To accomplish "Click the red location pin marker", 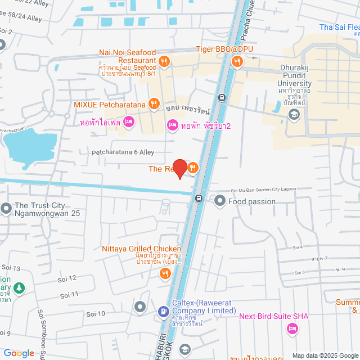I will tap(179, 168).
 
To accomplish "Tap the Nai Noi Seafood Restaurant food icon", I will tap(164, 61).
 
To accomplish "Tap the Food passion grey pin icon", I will tap(219, 200).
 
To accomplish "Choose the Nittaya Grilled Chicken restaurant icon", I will tap(165, 274).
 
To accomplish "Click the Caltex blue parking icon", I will tap(163, 310).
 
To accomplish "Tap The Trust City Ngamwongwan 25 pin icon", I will tap(6, 209).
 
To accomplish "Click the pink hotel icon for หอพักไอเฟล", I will tap(128, 121).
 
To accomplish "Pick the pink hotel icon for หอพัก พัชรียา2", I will tap(173, 125).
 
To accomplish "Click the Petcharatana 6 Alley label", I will tap(123, 152).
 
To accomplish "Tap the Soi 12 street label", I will tap(67, 278).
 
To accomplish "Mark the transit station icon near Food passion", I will tap(199, 198).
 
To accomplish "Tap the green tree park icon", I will tap(19, 288).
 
